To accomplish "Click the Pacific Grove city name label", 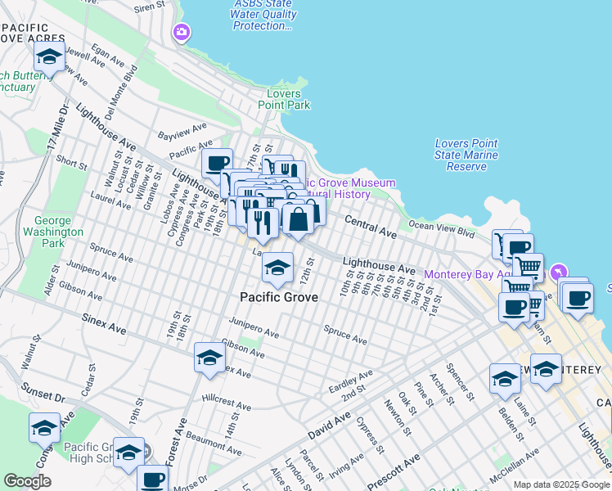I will click(278, 297).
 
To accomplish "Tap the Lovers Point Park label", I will click(284, 99).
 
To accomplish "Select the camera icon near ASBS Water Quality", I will click(181, 33).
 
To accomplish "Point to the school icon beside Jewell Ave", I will click(49, 57).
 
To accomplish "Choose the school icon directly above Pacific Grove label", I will click(278, 268).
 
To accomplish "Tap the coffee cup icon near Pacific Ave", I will click(218, 163).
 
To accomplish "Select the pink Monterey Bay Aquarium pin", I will click(559, 271).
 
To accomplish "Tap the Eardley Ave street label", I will click(350, 380).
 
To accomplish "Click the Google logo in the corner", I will click(27, 480).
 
